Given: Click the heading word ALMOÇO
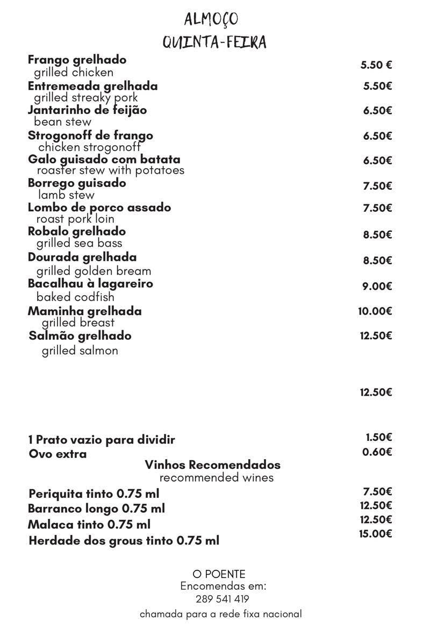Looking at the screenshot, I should [x=211, y=20].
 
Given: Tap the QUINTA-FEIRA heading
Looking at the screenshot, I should [x=215, y=42].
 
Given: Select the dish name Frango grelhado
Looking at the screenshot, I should [x=77, y=60].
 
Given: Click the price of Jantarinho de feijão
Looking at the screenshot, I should [x=377, y=110].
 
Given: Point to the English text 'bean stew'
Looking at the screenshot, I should [x=62, y=122].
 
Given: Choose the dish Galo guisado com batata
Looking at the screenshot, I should [x=104, y=159].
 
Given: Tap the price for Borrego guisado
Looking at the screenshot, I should [x=377, y=186].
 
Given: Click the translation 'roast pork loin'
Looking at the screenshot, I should [x=75, y=219].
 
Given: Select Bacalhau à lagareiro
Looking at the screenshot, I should [x=90, y=283].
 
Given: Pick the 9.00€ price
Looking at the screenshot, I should [x=377, y=286].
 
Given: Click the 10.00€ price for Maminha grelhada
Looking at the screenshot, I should [x=375, y=311].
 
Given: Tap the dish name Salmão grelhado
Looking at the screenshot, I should [x=80, y=336].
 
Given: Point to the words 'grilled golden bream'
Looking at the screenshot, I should [x=94, y=271].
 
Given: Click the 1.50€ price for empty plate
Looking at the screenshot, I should [x=379, y=438].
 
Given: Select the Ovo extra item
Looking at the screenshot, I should [x=58, y=454].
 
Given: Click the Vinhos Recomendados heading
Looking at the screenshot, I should [x=212, y=464].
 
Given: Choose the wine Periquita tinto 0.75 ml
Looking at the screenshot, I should [x=94, y=494].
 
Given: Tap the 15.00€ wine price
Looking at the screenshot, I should [x=375, y=533].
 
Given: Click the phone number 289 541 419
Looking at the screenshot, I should [x=222, y=599].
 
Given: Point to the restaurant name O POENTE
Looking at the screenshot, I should [x=219, y=574].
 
